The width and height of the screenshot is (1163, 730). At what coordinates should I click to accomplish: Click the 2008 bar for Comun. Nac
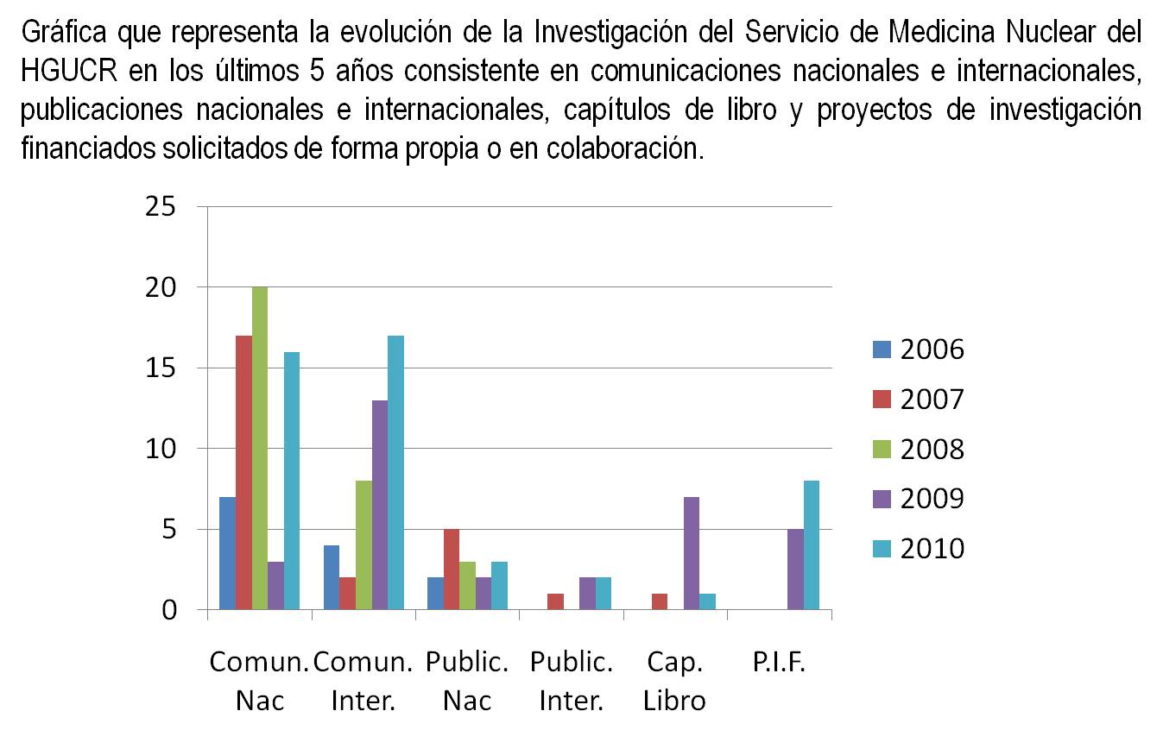(259, 449)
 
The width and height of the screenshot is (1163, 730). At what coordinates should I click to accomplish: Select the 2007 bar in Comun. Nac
(243, 473)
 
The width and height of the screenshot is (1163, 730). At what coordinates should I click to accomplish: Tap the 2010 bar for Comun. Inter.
(395, 473)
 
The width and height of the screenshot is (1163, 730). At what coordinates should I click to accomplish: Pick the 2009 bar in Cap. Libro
(691, 554)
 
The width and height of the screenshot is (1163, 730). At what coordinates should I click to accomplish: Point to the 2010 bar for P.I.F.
(812, 545)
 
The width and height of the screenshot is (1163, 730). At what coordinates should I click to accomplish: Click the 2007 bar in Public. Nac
(451, 570)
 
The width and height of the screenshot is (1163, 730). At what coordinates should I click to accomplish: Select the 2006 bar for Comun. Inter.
(332, 578)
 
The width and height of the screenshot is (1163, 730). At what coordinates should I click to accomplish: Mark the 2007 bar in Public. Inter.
(555, 602)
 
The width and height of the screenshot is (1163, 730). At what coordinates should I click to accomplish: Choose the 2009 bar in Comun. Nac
(275, 586)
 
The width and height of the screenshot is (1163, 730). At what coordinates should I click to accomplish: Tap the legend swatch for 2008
(881, 450)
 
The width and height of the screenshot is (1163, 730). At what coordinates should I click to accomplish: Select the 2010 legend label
(932, 549)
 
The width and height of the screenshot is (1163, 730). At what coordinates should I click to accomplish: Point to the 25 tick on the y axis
(161, 207)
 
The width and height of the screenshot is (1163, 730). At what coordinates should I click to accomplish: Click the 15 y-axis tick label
(161, 368)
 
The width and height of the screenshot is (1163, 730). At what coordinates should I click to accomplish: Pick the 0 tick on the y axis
(169, 611)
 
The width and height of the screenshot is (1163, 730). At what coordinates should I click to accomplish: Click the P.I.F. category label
(779, 663)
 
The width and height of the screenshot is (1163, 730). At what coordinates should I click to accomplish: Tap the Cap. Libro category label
(674, 681)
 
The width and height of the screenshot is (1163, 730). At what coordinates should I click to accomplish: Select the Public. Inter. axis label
(571, 681)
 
